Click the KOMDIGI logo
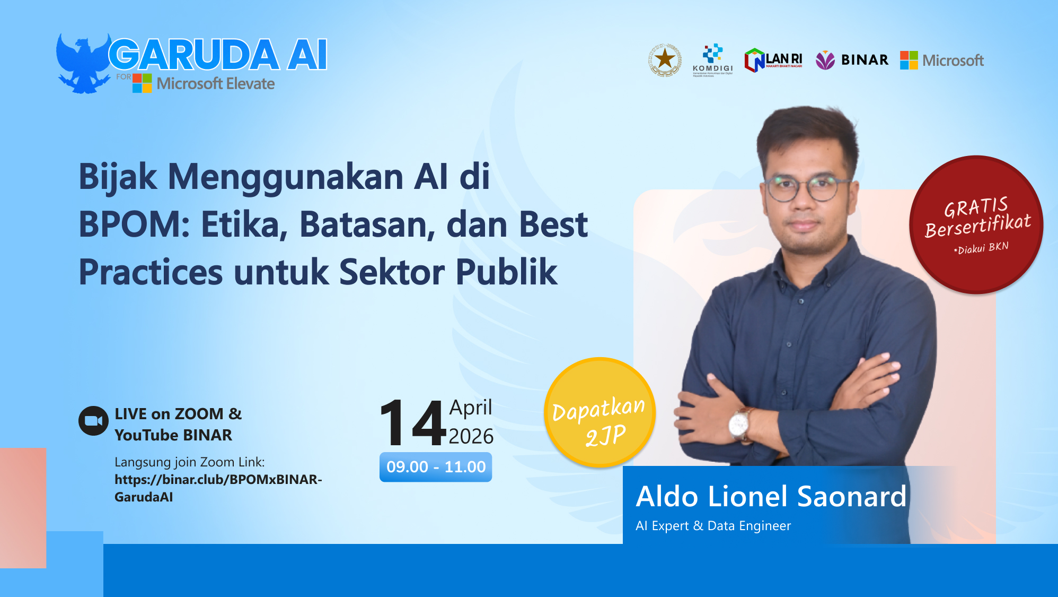712,59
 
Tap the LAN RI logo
773,60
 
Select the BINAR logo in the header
852,60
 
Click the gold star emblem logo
665,59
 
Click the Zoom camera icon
93,421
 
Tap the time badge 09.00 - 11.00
436,467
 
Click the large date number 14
412,423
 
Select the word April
471,408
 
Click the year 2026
471,436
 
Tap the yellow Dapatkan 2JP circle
599,413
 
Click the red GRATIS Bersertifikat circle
976,224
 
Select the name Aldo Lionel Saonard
771,497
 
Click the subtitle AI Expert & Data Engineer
713,526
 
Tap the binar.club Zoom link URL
218,488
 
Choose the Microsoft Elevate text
215,84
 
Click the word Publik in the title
506,272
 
